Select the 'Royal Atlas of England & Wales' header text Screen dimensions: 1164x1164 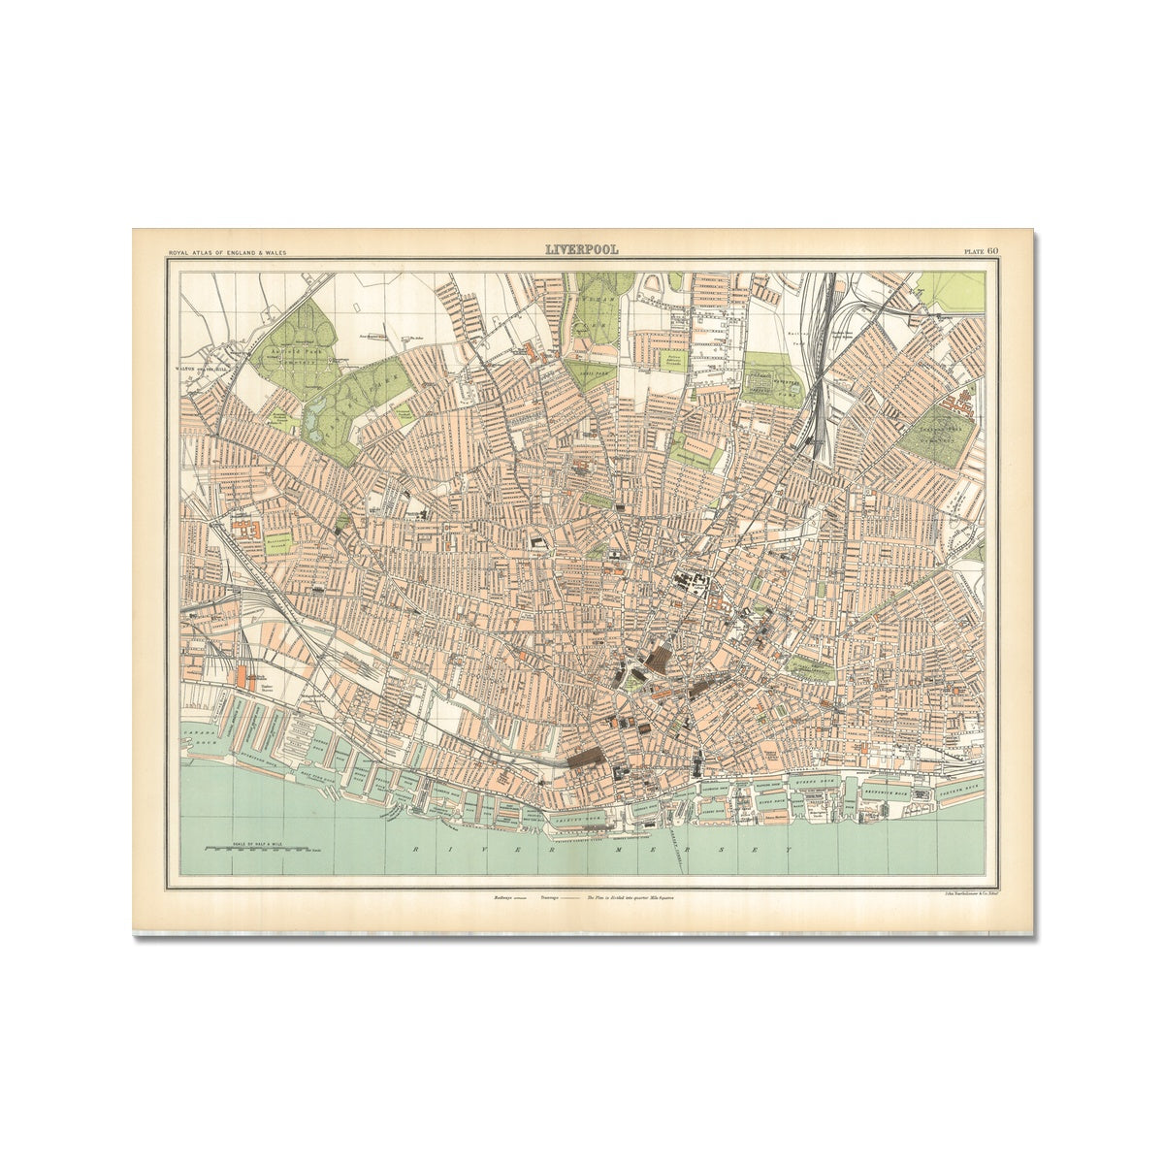tap(228, 253)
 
